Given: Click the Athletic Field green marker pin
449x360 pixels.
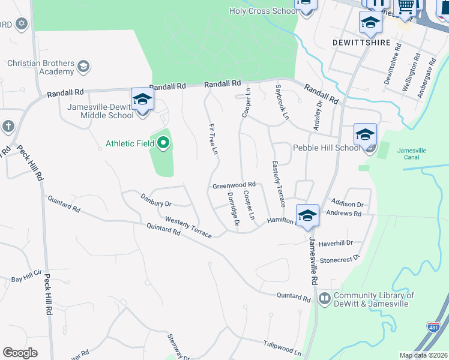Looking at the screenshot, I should [163, 143].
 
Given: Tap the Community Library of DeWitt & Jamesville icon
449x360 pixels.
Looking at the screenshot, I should [325, 298].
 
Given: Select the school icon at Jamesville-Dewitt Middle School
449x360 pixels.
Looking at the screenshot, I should [142, 99].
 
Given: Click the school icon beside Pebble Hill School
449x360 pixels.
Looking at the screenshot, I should [365, 134].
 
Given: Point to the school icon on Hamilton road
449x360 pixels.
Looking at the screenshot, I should [307, 215].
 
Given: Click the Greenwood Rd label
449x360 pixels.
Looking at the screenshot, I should [234, 185].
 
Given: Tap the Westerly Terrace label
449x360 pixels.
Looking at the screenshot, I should [188, 227].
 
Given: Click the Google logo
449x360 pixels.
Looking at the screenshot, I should [20, 353].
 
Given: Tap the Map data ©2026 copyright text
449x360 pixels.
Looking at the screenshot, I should [423, 355].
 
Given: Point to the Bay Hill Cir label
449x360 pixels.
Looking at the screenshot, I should [25, 280].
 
